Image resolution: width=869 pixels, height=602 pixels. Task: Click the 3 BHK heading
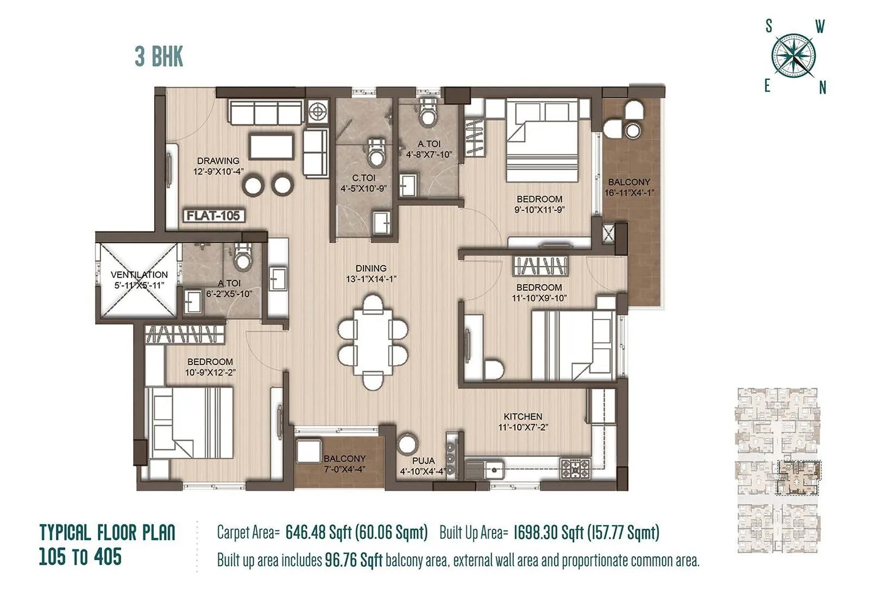(159, 57)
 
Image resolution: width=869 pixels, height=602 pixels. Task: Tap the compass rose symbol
(794, 56)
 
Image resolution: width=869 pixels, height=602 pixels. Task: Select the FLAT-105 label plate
(213, 216)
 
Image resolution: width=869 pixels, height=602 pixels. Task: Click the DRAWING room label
(218, 161)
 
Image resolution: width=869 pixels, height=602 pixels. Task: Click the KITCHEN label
(522, 417)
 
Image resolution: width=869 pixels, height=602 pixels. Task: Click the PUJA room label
(423, 461)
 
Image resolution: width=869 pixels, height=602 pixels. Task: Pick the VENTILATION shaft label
(139, 275)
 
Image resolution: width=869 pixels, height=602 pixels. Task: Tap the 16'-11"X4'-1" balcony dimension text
(629, 193)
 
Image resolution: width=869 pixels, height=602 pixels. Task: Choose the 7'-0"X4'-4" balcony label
(344, 469)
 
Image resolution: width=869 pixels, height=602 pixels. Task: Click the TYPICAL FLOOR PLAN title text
(108, 532)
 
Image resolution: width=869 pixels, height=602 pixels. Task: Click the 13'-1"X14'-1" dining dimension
(371, 279)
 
